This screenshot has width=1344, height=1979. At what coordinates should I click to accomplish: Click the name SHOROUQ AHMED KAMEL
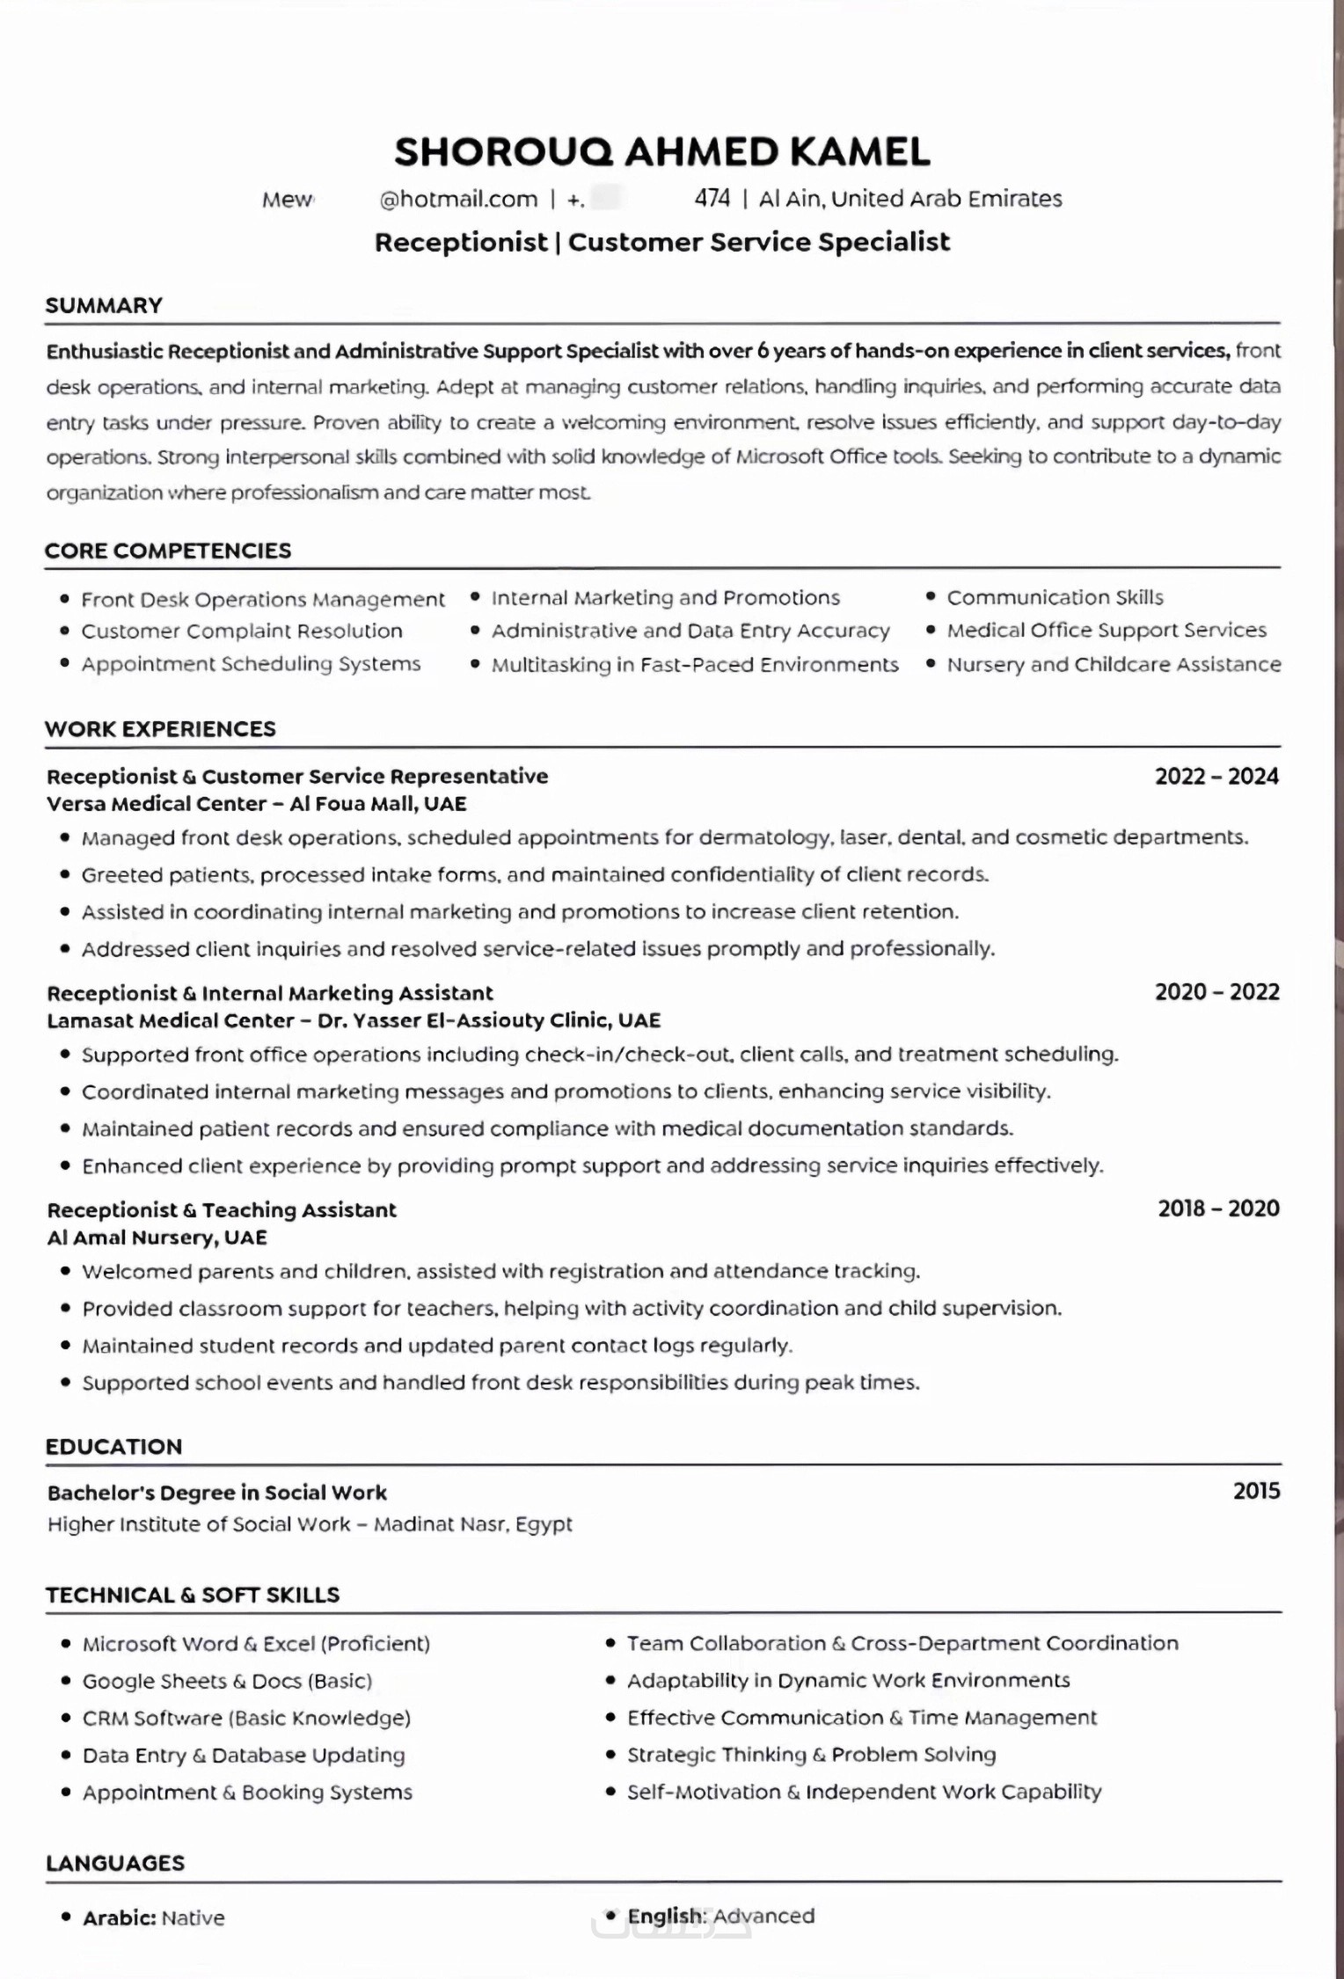(661, 152)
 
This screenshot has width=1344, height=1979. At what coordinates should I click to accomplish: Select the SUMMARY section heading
(104, 305)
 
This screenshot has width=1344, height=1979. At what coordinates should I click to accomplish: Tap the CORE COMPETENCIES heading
(168, 551)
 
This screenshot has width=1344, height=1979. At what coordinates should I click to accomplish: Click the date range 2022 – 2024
(1216, 776)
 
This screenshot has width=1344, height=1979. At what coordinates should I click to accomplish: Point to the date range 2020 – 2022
(1216, 992)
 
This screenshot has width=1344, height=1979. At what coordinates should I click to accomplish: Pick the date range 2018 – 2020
(1218, 1209)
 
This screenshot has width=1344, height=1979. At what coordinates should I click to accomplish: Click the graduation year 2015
(1256, 1491)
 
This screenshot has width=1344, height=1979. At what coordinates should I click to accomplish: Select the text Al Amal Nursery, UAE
(157, 1238)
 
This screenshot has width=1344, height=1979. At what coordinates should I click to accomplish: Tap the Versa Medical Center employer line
(256, 804)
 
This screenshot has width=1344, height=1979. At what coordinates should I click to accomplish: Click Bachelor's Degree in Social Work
(216, 1493)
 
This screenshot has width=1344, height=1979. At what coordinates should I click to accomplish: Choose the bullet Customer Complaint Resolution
(242, 632)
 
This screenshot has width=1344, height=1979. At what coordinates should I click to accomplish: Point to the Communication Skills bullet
(1055, 598)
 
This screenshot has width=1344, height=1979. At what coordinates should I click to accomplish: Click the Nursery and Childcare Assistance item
(1114, 665)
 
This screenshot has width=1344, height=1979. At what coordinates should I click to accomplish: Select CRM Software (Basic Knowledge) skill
(246, 1718)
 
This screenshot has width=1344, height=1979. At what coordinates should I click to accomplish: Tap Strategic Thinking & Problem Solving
(811, 1755)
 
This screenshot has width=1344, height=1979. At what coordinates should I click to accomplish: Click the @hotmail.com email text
(458, 200)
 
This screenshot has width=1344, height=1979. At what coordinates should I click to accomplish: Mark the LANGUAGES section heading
(115, 1863)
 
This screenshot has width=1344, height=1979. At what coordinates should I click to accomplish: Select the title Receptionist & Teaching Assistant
(222, 1210)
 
